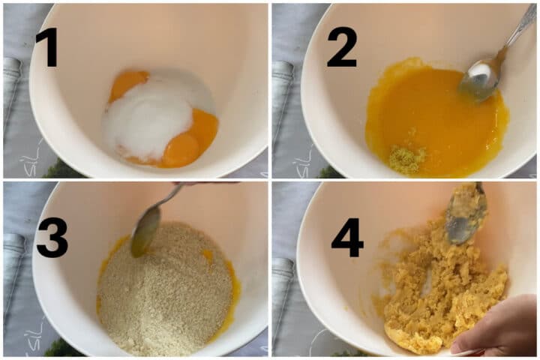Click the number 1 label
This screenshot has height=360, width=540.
pyautogui.click(x=47, y=47)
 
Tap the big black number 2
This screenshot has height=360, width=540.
pyautogui.click(x=342, y=46)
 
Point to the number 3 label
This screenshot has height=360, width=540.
pyautogui.click(x=52, y=237)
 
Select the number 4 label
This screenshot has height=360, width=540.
pyautogui.click(x=347, y=237)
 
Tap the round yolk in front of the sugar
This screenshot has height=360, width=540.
pyautogui.click(x=181, y=150)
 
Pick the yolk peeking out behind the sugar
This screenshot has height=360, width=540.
pyautogui.click(x=127, y=85)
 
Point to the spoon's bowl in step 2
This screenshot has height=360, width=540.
pyautogui.click(x=480, y=81)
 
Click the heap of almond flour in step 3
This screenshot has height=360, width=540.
pyautogui.click(x=165, y=289)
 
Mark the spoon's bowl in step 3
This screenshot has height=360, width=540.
pyautogui.click(x=145, y=232)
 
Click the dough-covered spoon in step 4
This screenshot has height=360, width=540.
pyautogui.click(x=466, y=214)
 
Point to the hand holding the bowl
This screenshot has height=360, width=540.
pyautogui.click(x=498, y=325)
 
